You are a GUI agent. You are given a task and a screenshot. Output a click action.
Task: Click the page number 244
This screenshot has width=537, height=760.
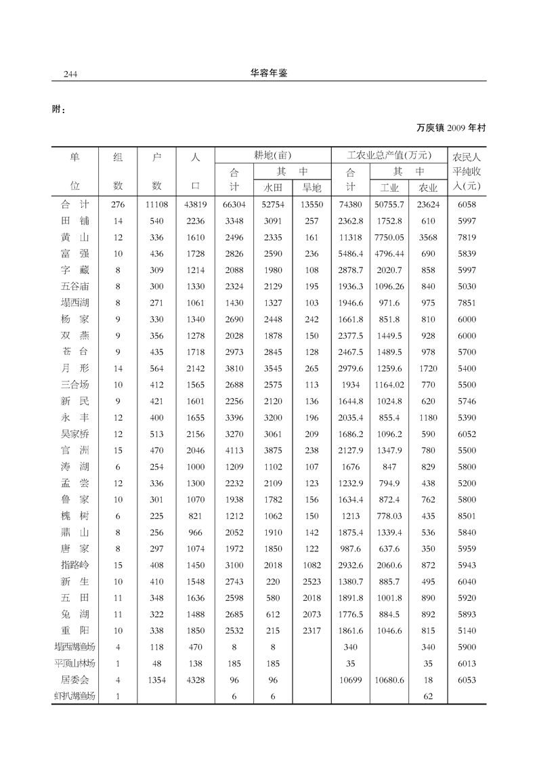(x=67, y=74)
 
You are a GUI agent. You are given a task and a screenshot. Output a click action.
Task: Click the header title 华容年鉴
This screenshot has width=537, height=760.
(x=269, y=73)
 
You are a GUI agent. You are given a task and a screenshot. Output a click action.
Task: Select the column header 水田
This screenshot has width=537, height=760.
(x=272, y=188)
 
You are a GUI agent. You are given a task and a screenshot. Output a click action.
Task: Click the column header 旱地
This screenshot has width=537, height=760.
(x=312, y=188)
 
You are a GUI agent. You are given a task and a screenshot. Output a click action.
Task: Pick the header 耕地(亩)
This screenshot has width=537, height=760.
(x=272, y=155)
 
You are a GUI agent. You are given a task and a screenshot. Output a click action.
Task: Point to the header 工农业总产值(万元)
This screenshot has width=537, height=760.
(x=389, y=155)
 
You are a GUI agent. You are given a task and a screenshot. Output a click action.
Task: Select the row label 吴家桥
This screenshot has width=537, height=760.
(x=74, y=434)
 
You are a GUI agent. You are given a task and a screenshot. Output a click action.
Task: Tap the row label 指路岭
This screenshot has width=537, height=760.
(x=74, y=565)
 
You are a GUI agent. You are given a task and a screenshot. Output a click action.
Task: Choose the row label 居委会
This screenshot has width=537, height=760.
(x=74, y=679)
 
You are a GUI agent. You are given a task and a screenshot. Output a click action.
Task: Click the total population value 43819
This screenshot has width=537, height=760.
(x=196, y=205)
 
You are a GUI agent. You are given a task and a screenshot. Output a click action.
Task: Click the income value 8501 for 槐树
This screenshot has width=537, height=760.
(x=467, y=516)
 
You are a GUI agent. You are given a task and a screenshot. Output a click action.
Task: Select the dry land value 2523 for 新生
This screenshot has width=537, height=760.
(x=312, y=582)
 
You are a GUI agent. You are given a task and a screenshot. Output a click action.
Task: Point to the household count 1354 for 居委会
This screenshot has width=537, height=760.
(x=156, y=679)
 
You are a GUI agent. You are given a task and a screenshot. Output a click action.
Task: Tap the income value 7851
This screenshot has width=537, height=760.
(x=467, y=303)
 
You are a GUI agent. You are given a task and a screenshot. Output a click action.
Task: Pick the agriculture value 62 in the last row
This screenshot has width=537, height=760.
(x=428, y=696)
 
